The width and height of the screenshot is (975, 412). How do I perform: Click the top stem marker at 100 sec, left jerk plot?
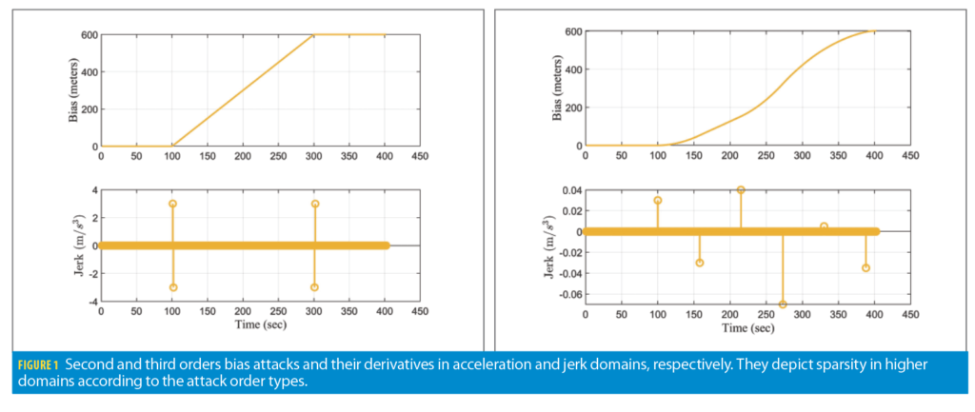coord(172,204)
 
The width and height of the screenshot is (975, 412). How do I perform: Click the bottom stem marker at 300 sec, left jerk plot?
coord(314,287)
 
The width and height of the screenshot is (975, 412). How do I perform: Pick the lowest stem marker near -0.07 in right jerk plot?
coord(783,304)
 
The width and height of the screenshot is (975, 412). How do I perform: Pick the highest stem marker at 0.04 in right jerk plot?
coord(741,190)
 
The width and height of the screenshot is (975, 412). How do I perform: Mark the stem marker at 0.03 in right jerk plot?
coord(658,201)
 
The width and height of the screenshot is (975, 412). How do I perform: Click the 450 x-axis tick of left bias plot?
coord(418,156)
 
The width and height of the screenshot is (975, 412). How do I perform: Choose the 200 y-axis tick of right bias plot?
coord(572,108)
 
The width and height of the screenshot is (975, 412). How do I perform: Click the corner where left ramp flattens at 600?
coord(314,35)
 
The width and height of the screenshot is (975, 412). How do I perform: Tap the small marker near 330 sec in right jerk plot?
coord(824,226)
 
